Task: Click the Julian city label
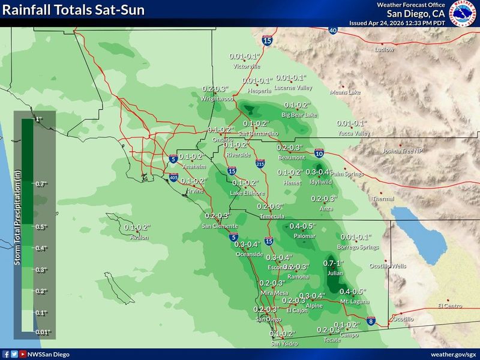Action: tap(335, 273)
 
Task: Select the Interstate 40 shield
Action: tap(333, 29)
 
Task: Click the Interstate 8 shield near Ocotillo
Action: tap(371, 322)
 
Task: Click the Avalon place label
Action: tap(139, 238)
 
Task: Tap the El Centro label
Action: tap(449, 306)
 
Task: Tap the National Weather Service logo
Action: tap(464, 13)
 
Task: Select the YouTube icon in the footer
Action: tap(23, 354)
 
